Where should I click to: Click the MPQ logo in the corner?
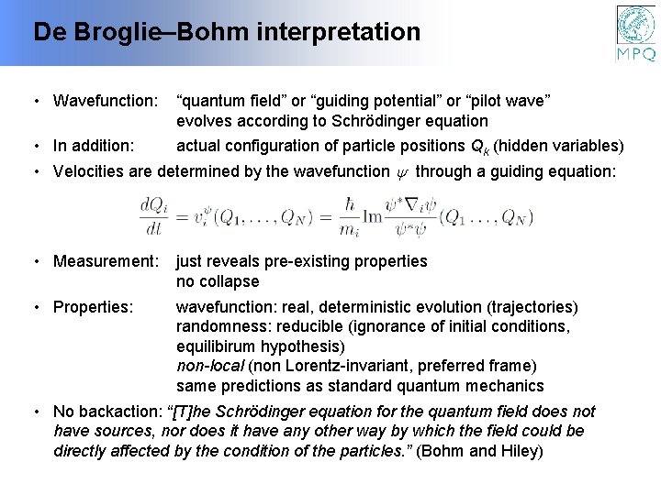[635, 33]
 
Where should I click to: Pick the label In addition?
[94, 146]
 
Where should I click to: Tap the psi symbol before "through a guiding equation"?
[401, 171]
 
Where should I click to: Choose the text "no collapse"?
[218, 281]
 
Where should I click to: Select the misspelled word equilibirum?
[218, 346]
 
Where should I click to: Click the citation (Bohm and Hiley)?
[480, 451]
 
